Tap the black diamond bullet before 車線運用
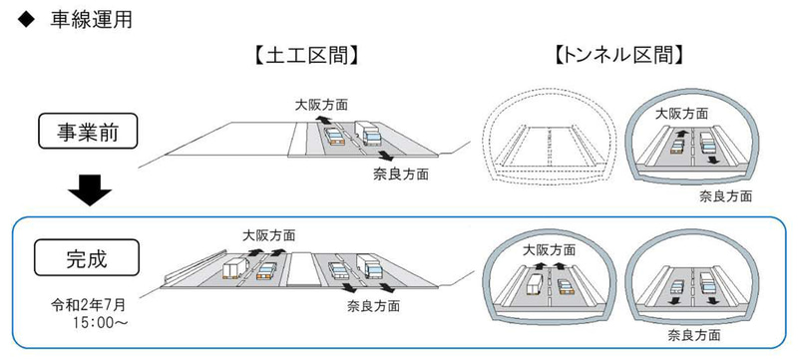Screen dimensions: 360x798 click(x=23, y=19)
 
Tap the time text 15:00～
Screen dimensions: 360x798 click(x=94, y=324)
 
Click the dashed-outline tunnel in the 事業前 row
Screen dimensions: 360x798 click(x=545, y=144)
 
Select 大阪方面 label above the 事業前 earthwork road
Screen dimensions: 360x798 click(x=321, y=103)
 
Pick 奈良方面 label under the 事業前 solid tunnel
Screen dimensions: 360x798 click(x=726, y=195)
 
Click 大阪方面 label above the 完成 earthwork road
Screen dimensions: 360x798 click(x=269, y=235)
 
